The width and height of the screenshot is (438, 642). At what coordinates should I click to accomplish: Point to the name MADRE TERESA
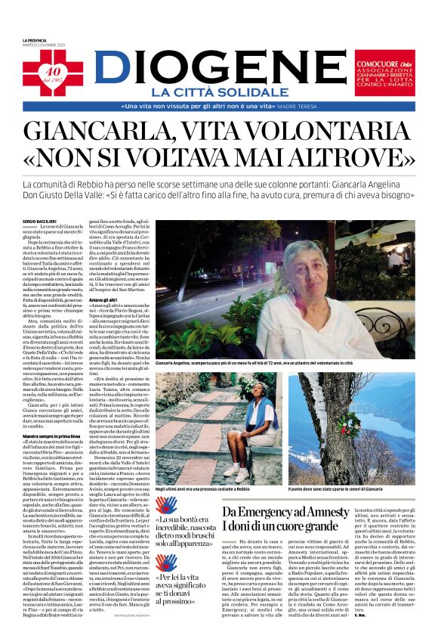[296, 107]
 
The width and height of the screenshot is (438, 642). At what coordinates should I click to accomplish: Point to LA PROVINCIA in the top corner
[33, 40]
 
